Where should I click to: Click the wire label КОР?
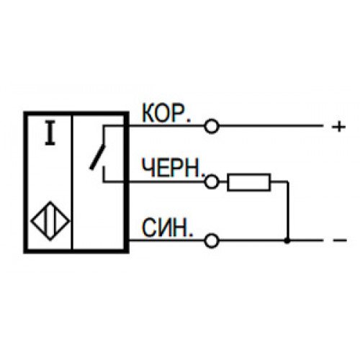pos(166,113)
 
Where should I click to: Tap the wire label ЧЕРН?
pos(174,167)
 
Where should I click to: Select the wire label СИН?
pos(168,228)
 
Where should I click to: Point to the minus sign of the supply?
pos(340,240)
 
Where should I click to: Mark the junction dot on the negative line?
pos(287,240)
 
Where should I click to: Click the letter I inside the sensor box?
pos(50,133)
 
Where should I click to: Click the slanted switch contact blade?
pos(98,157)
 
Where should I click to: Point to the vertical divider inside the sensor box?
pos(72,182)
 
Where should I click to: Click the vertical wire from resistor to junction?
pos(287,211)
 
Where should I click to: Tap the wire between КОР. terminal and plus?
pos(271,126)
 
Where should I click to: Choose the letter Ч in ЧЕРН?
pos(148,168)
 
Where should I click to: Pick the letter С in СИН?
pos(149,228)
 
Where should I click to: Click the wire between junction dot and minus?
pos(305,240)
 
